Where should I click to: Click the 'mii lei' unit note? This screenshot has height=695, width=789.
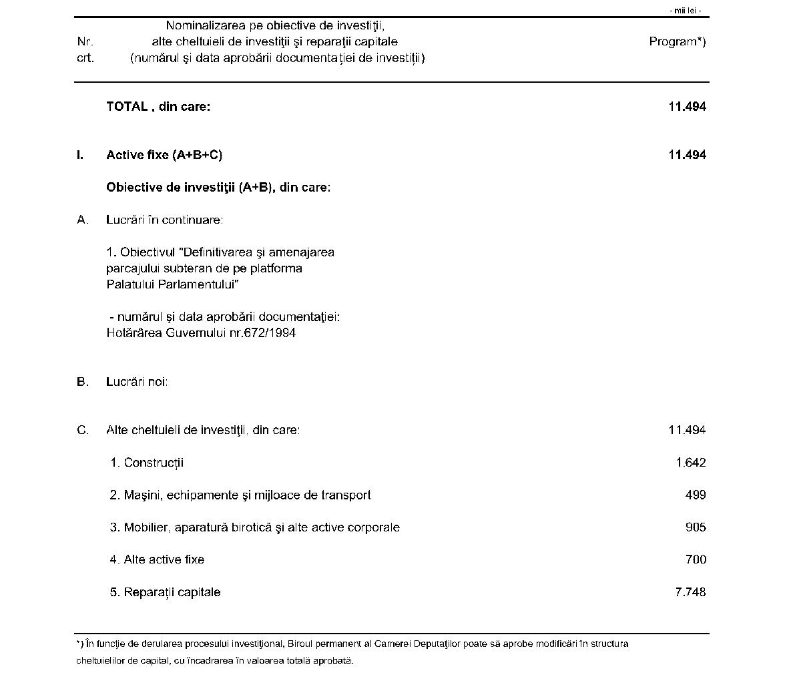click(x=686, y=11)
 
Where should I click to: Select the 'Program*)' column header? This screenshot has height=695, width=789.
click(x=677, y=41)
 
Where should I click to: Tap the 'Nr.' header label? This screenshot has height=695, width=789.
click(x=85, y=41)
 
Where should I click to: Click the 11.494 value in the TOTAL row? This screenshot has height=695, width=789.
click(x=687, y=106)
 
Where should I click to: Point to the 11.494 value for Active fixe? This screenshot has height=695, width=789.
click(x=687, y=155)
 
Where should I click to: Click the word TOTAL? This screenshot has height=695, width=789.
click(x=127, y=106)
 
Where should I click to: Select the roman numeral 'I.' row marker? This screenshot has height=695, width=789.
click(x=80, y=155)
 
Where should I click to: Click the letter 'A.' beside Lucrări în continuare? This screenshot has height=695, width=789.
click(x=83, y=220)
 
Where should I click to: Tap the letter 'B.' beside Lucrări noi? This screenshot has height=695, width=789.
click(x=83, y=382)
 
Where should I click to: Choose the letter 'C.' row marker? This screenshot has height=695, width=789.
click(x=83, y=430)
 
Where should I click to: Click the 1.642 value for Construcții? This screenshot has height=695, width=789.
click(x=690, y=463)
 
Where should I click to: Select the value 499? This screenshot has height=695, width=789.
click(x=696, y=495)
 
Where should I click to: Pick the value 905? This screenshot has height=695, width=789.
click(x=696, y=527)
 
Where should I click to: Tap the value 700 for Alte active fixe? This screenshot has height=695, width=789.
click(x=696, y=559)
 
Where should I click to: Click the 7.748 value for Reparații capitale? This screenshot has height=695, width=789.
click(x=690, y=592)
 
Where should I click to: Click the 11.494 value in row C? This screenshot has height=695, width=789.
click(x=687, y=430)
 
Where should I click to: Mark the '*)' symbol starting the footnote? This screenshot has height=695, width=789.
click(x=79, y=644)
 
